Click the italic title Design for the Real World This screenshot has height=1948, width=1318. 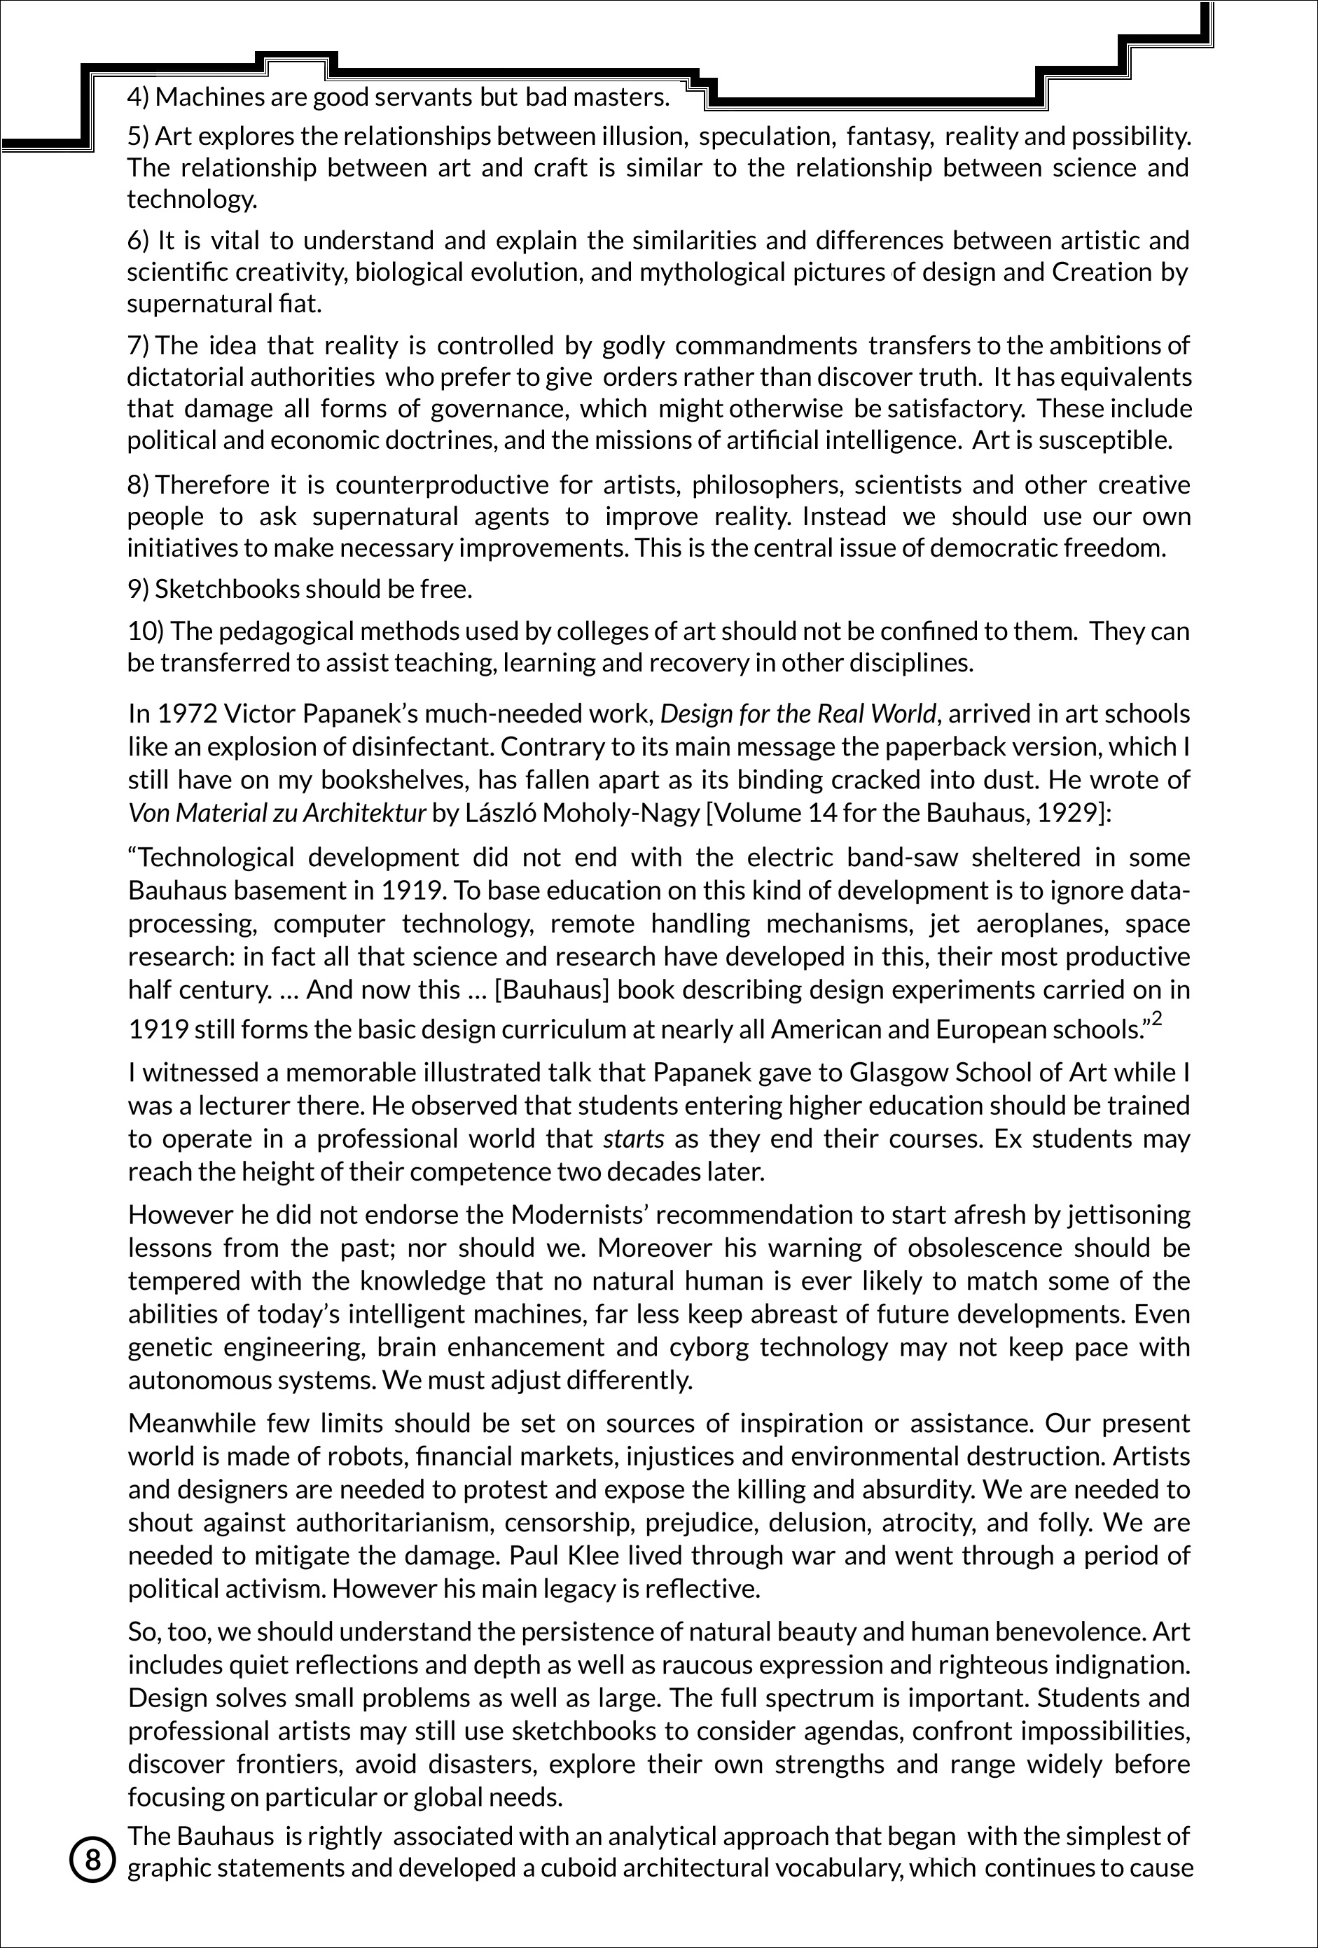[x=798, y=714]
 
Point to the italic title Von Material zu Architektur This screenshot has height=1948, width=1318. [x=277, y=813]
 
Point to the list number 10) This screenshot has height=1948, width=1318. [x=145, y=630]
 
